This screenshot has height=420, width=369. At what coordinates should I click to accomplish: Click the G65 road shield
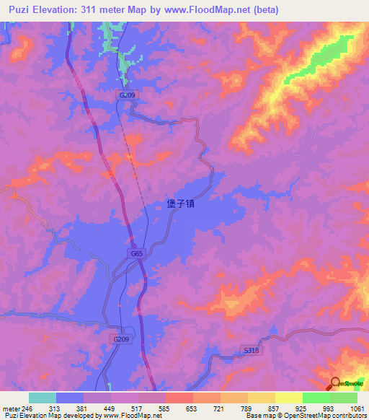(x=136, y=253)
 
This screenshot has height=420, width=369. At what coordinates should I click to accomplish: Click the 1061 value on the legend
(x=357, y=408)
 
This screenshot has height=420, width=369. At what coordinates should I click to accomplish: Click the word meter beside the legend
(x=8, y=408)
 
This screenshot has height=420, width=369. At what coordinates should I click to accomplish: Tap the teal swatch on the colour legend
(x=43, y=398)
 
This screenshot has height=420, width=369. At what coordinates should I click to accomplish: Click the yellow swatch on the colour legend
(x=288, y=398)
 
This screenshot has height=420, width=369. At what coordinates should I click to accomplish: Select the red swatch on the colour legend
(x=179, y=398)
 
